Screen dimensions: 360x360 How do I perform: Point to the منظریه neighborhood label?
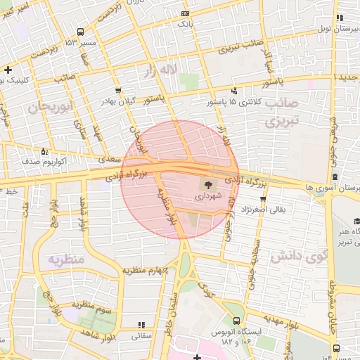click(66, 260)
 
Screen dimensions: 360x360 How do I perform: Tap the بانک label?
click(185, 24)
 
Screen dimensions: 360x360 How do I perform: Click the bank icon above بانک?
click(185, 14)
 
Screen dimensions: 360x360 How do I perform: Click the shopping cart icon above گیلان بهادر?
click(117, 91)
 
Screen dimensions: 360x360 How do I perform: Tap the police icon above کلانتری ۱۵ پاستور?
click(234, 91)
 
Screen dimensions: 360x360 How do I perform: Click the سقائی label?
click(142, 335)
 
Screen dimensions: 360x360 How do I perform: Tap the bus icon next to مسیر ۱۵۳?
click(80, 32)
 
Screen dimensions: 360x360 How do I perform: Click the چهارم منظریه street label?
click(148, 270)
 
